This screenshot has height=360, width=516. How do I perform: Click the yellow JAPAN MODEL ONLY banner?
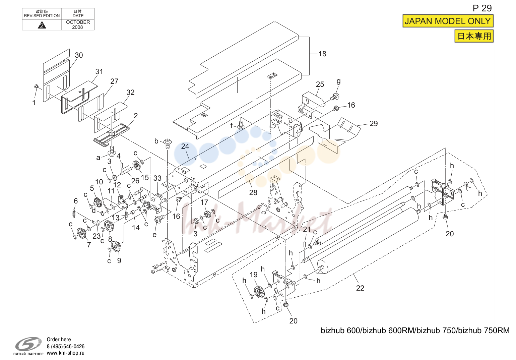[448, 21]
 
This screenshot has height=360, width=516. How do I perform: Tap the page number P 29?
[482, 8]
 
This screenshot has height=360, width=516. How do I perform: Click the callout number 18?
[322, 54]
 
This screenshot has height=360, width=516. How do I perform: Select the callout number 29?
[374, 124]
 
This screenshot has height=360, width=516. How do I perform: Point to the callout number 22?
[360, 288]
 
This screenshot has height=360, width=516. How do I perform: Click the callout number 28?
[253, 192]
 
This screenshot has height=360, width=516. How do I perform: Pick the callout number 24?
[185, 146]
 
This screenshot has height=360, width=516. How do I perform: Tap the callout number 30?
[79, 55]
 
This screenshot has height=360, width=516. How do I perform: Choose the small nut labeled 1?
[36, 86]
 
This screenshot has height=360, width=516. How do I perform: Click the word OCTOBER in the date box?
[78, 22]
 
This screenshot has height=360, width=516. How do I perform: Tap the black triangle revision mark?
[42, 25]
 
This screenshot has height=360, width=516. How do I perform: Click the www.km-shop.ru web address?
[66, 353]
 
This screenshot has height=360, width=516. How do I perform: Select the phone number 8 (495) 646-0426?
[66, 346]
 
